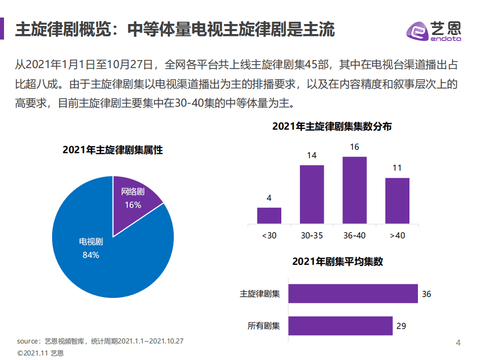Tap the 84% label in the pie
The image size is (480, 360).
coord(91,255)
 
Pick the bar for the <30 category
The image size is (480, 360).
coord(269,215)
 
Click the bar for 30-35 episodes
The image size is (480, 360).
coord(312,194)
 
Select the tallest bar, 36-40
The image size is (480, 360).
coord(354,190)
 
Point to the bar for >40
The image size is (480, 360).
coord(397,200)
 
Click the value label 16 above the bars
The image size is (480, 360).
coord(354,147)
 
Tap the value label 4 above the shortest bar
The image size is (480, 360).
coord(269,198)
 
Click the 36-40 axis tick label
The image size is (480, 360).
coord(354,235)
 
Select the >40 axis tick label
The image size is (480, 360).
coord(397,235)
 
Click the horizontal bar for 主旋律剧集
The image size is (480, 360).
coord(353,294)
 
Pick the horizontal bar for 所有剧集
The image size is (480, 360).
coord(340,326)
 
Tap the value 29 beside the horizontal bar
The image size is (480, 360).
coord(401,326)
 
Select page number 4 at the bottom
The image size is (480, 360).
coord(458,342)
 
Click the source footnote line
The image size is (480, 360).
coord(100,341)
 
